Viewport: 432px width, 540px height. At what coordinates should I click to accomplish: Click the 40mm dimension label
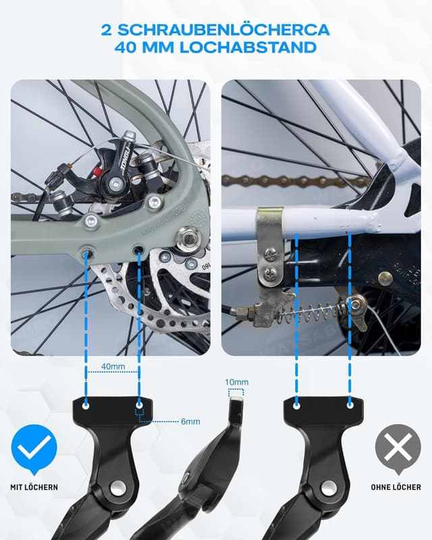click(x=113, y=367)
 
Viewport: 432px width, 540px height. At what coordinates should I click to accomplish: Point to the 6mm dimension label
click(x=191, y=421)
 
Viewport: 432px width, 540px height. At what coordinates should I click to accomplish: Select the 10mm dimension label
click(x=237, y=382)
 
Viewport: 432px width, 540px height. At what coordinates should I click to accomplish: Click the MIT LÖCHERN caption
click(x=34, y=487)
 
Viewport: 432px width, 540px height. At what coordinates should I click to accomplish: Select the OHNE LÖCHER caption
click(x=397, y=487)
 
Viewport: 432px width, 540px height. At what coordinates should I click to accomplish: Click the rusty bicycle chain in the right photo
click(x=283, y=181)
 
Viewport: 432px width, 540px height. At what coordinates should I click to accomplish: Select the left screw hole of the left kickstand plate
click(x=86, y=407)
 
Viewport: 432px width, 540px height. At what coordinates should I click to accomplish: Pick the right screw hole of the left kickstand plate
click(x=139, y=407)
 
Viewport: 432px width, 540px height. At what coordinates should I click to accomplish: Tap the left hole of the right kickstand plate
click(x=296, y=406)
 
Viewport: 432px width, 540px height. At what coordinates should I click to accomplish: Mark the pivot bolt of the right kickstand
click(x=329, y=487)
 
